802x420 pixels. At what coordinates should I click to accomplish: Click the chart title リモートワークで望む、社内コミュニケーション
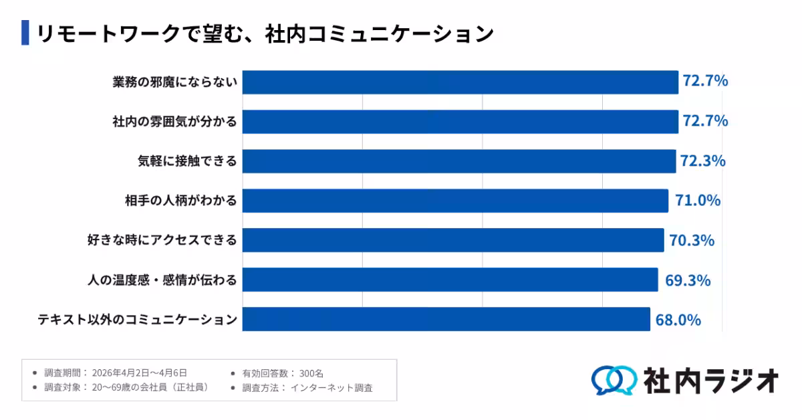coord(265,33)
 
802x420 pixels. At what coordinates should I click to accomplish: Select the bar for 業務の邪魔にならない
coord(460,82)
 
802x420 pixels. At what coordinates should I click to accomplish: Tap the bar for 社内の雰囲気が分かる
coord(460,122)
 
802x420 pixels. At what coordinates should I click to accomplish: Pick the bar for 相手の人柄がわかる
coord(455,201)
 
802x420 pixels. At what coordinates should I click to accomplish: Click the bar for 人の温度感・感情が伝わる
coord(450,280)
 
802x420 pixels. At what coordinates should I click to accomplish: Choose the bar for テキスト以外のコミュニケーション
coord(446,319)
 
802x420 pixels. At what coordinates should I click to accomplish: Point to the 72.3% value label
coord(702,161)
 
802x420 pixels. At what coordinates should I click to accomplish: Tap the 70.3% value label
coord(692,240)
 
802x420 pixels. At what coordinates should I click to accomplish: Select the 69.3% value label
coord(687,280)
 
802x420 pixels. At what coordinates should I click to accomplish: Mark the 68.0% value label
coord(678,320)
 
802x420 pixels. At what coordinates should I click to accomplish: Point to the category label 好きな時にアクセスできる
coord(162,240)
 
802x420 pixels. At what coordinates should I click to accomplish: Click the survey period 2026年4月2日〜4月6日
coord(139,373)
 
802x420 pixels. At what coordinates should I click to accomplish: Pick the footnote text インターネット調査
coord(331,387)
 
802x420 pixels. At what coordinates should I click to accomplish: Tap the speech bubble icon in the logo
coord(613,380)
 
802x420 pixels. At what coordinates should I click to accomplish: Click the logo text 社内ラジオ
coord(711,380)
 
